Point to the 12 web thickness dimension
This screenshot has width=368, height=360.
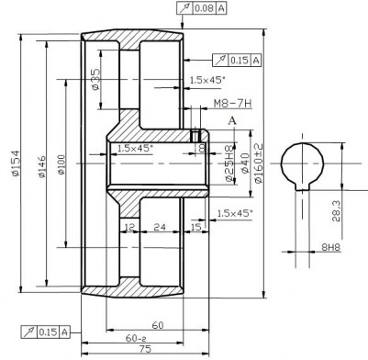tap(129, 225)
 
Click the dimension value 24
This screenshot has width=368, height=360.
tap(159, 225)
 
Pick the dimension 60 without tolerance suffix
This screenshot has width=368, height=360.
tap(157, 324)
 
